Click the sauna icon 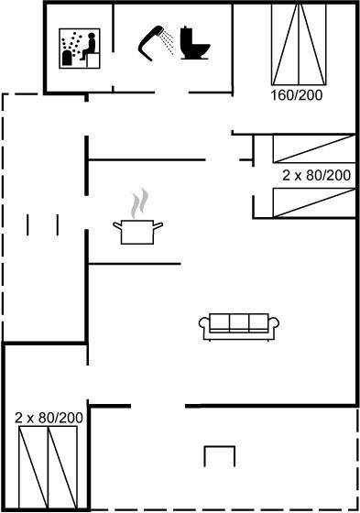(80, 49)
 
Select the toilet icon (195, 43)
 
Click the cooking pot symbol (137, 232)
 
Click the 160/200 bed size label (297, 95)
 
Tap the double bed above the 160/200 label (299, 45)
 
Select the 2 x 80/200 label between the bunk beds (316, 175)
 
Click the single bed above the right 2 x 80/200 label (314, 148)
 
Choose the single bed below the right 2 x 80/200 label (314, 202)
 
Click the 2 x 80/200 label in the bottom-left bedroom (49, 418)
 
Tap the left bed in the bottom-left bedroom (33, 467)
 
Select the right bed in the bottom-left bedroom (63, 467)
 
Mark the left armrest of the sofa (202, 324)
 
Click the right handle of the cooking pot (158, 225)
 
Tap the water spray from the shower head (169, 42)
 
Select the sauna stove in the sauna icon (67, 58)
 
